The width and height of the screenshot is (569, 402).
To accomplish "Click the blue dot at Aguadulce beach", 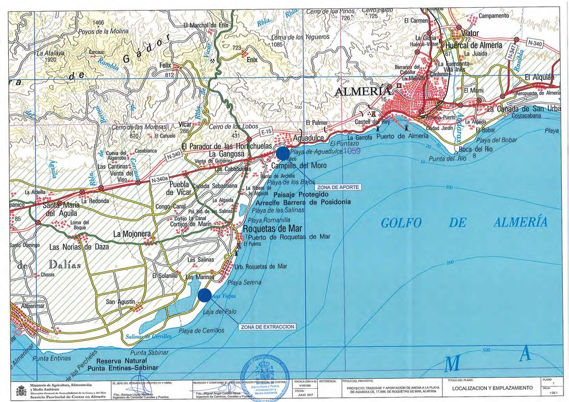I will point(282,153).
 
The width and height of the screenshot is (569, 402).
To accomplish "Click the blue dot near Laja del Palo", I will point(204,295).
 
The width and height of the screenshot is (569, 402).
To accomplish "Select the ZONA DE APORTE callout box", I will point(339,187).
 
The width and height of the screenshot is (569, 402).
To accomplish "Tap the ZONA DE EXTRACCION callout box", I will point(267,327).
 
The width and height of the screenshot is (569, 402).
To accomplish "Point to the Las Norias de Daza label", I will point(79,247).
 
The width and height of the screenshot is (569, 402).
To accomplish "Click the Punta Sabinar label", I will point(150,352).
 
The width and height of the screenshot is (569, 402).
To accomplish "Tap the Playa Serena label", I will point(244,283).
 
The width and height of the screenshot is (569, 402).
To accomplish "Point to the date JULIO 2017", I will point(306,395).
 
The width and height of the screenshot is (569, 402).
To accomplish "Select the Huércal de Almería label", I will point(473,45).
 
